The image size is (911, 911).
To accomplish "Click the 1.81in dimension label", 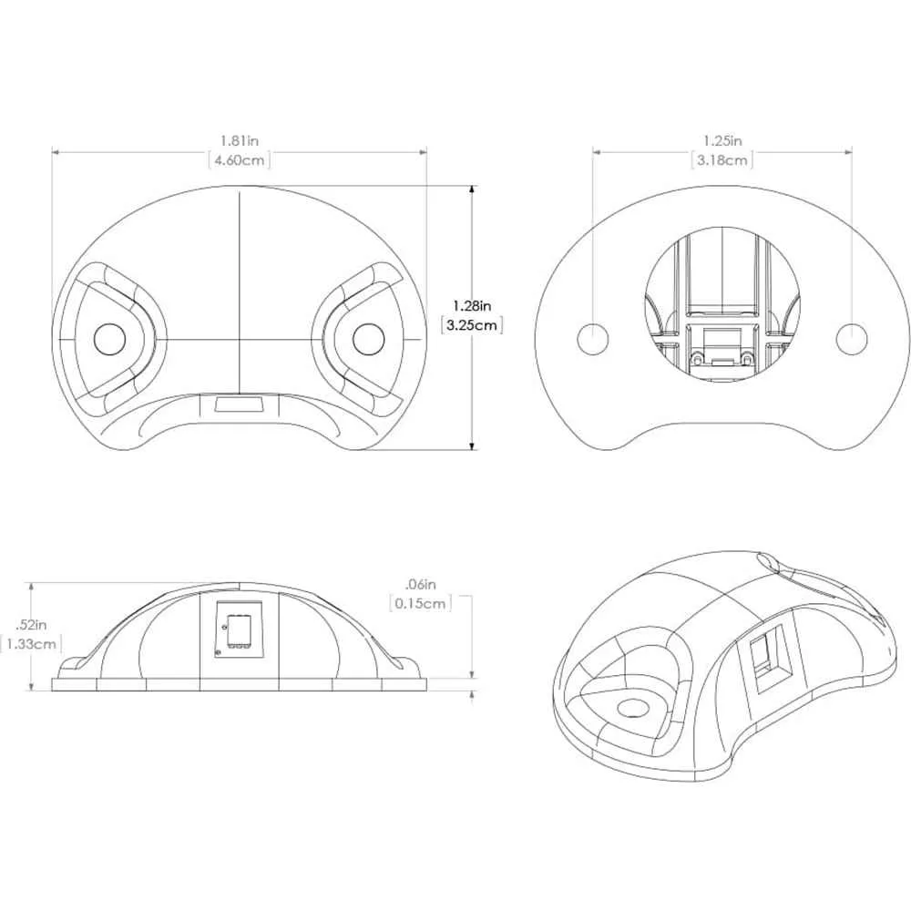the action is pyautogui.click(x=240, y=140).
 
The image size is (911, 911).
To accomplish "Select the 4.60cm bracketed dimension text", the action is pyautogui.click(x=240, y=160).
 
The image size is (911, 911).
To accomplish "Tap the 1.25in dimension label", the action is pyautogui.click(x=722, y=140).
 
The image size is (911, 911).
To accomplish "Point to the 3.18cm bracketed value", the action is pyautogui.click(x=722, y=160).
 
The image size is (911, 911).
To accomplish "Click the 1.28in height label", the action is pyautogui.click(x=472, y=305).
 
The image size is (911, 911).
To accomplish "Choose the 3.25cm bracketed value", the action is pyautogui.click(x=472, y=325).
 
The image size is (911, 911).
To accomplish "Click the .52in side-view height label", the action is pyautogui.click(x=31, y=625).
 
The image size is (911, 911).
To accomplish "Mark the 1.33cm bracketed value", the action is pyautogui.click(x=32, y=644).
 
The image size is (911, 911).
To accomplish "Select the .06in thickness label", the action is pyautogui.click(x=420, y=584).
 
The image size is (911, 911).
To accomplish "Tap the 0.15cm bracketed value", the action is pyautogui.click(x=420, y=603).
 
